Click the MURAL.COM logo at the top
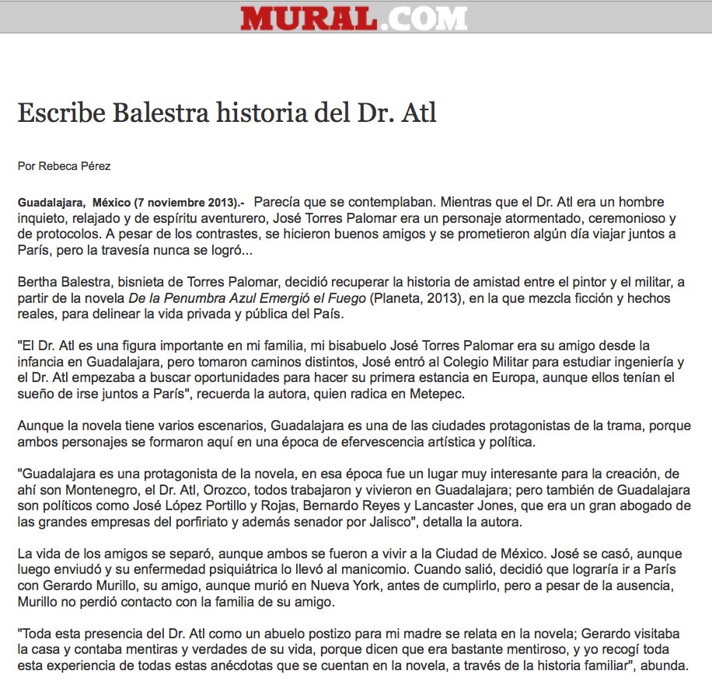point(354,17)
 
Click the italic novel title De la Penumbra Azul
point(198,299)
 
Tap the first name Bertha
point(36,282)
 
